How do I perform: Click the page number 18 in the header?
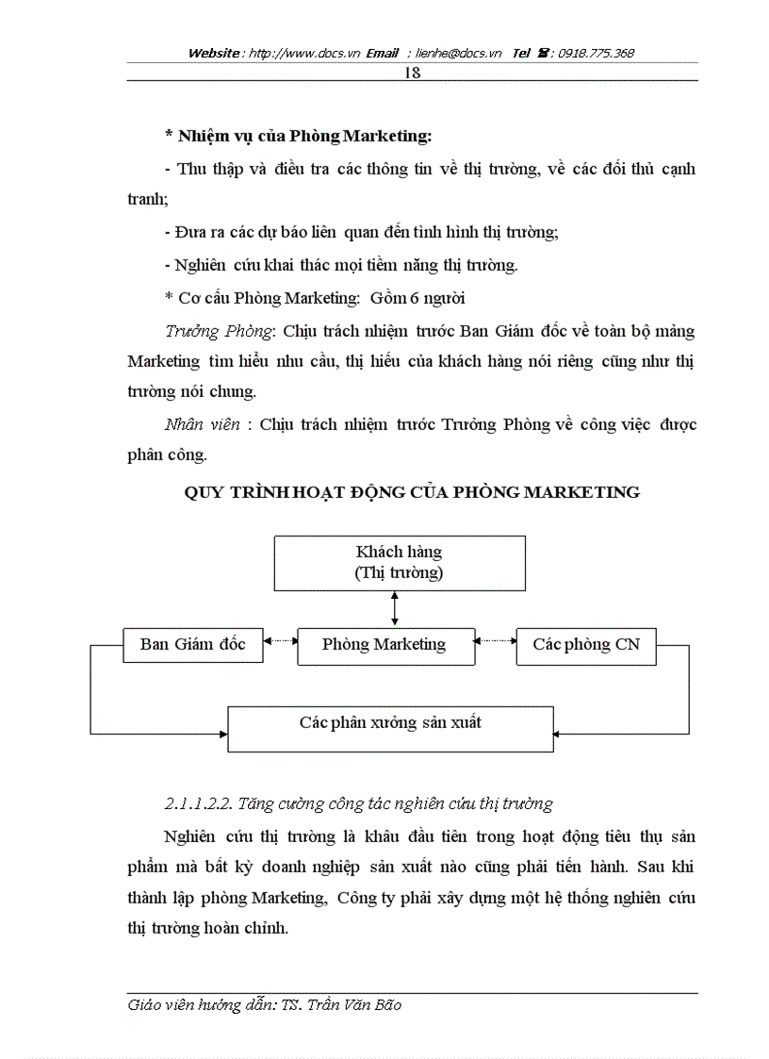(411, 73)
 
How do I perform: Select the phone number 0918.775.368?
(596, 54)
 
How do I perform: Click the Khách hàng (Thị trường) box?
(400, 563)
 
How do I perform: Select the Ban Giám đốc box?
(193, 645)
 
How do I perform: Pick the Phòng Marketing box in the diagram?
(384, 645)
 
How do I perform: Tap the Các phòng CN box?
(586, 645)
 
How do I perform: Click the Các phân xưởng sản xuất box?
(390, 723)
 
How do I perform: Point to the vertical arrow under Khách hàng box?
(395, 608)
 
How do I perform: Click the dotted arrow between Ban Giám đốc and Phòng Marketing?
(280, 641)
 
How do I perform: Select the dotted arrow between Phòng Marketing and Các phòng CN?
(494, 641)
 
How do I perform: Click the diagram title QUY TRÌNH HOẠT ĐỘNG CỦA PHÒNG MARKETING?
(411, 492)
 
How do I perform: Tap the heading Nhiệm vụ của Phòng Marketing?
(298, 137)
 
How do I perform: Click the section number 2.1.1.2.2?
(197, 804)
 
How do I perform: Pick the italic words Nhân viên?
(203, 424)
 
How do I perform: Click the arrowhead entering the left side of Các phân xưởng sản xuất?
(223, 733)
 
